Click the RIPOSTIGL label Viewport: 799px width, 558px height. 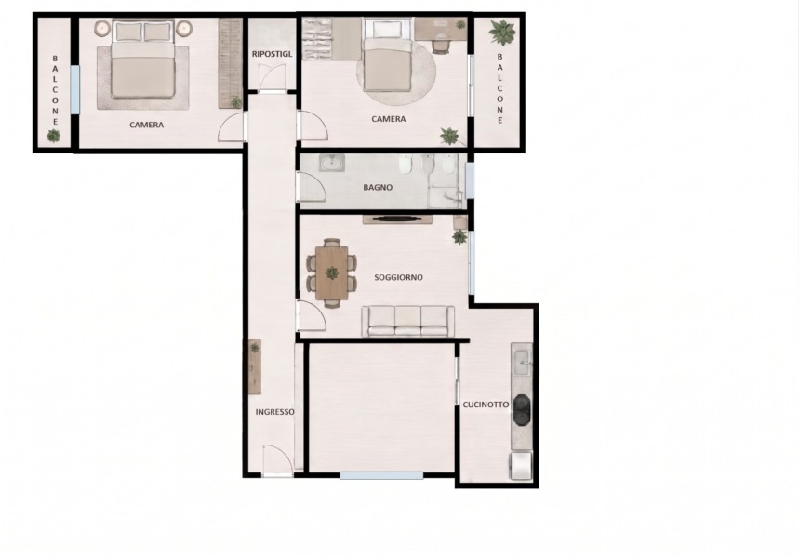point(273,54)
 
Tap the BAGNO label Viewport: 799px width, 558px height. point(378,187)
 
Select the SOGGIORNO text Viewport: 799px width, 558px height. point(398,278)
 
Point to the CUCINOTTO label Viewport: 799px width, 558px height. point(486,405)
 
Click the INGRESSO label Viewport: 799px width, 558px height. point(274,412)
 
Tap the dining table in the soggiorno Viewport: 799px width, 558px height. point(332,273)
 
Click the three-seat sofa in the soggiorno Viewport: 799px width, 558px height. point(407,321)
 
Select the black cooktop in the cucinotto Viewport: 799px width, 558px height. point(521,410)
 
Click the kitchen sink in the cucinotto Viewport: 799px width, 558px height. point(521,364)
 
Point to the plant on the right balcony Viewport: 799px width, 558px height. point(502,33)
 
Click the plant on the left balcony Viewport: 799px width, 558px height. point(53,136)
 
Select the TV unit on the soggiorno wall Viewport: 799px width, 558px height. point(397,219)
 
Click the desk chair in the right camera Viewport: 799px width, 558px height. point(441,46)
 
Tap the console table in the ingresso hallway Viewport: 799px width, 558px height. point(254,367)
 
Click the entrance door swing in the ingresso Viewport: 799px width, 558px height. point(278,460)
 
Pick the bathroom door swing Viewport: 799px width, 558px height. point(312,187)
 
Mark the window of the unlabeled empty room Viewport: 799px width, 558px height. point(381,476)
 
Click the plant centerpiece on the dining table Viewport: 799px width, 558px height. point(332,273)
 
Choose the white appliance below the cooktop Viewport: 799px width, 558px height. point(521,466)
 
